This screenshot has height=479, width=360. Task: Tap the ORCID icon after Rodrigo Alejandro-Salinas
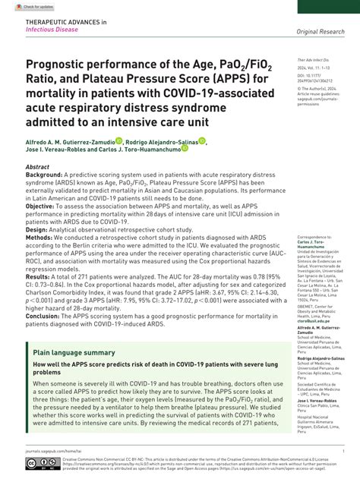pyautogui.click(x=202, y=141)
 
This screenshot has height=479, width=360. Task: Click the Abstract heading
pyautogui.click(x=38, y=165)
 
